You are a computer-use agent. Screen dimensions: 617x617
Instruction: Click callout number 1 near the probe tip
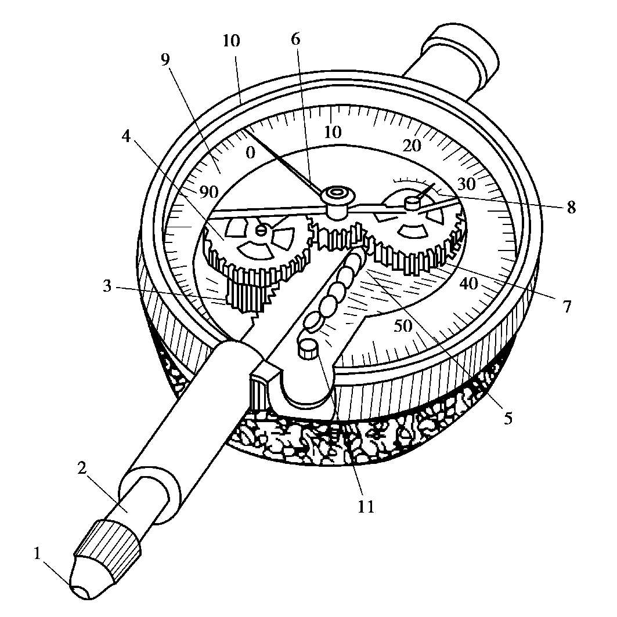[38, 554]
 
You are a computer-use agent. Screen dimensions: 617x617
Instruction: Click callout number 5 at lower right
[508, 419]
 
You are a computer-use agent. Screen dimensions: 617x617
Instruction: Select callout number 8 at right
[572, 208]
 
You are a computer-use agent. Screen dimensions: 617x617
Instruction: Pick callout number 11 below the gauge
[366, 506]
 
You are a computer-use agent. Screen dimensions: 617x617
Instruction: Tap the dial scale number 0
[250, 153]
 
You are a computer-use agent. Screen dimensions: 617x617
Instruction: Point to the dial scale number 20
[412, 146]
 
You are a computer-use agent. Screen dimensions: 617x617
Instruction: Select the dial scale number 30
[466, 184]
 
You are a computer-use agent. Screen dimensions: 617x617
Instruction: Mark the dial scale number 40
[468, 284]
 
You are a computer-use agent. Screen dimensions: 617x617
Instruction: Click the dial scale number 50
[403, 326]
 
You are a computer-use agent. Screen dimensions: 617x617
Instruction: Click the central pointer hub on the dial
[335, 195]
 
